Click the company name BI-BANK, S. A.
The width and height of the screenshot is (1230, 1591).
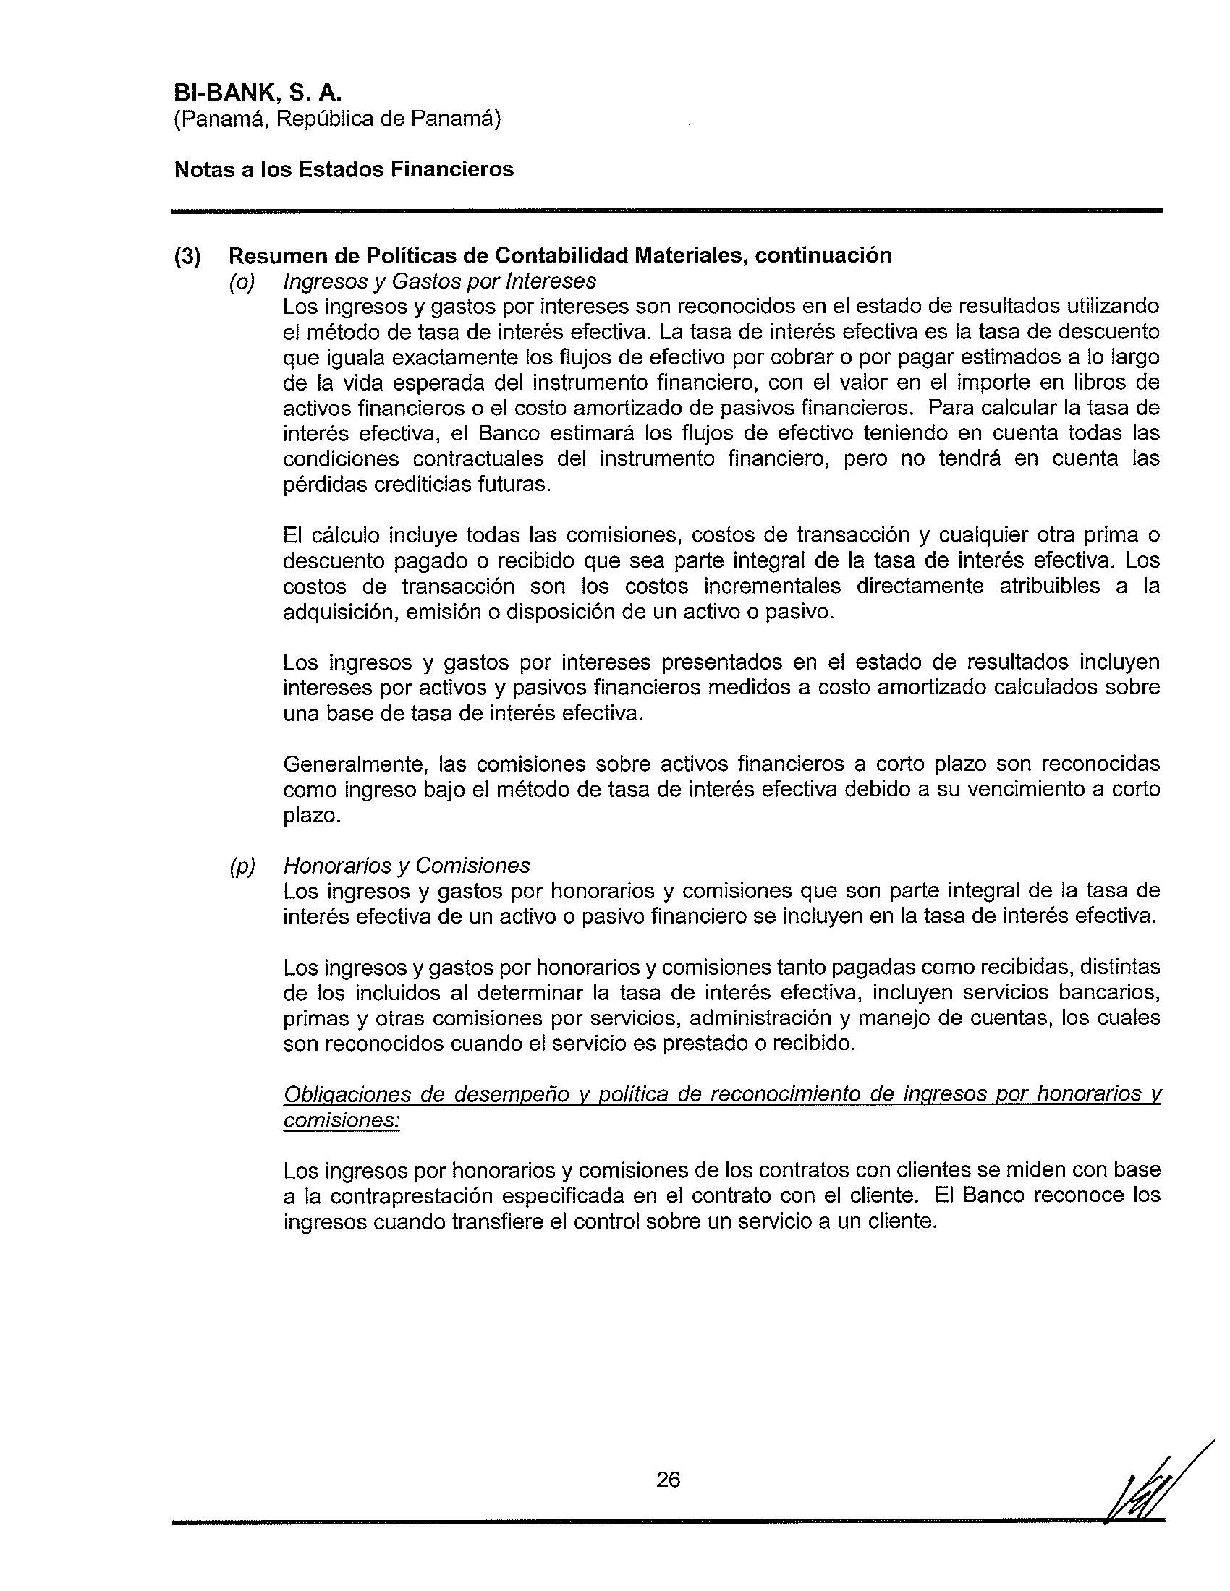click(x=258, y=93)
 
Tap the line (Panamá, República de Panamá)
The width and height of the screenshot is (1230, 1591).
click(x=336, y=119)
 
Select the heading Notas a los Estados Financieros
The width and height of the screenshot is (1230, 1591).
click(x=344, y=170)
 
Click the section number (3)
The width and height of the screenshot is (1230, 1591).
click(x=187, y=257)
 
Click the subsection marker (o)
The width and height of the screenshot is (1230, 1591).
click(x=242, y=282)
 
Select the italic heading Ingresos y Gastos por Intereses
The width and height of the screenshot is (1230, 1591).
click(x=439, y=281)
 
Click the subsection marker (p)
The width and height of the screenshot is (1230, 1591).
click(x=242, y=866)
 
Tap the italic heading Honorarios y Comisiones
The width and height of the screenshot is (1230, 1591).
click(x=407, y=866)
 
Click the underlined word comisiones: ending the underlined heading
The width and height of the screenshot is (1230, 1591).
click(x=342, y=1120)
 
